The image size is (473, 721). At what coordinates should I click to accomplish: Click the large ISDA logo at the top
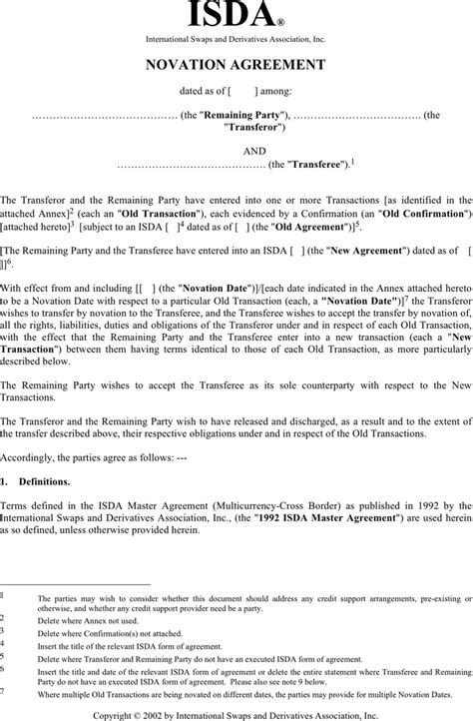click(236, 16)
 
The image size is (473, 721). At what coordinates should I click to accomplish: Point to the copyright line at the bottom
click(236, 715)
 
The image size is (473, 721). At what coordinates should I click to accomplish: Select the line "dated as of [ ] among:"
click(236, 92)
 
